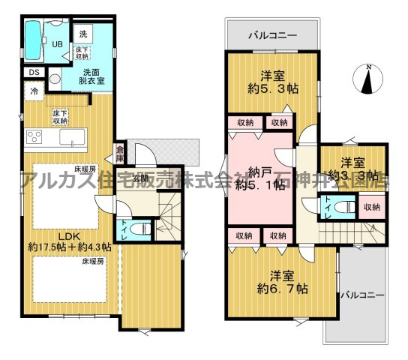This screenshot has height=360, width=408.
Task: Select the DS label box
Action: click(x=34, y=72)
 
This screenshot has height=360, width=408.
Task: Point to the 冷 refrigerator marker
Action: click(x=34, y=91)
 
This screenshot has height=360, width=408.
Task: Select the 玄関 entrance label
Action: click(x=141, y=178)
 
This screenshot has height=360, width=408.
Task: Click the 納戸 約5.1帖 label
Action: click(x=259, y=178)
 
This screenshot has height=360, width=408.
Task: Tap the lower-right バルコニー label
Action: click(x=361, y=294)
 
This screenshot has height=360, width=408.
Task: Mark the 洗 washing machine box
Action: click(x=82, y=33)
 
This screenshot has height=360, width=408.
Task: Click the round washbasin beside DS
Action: click(x=54, y=79)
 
